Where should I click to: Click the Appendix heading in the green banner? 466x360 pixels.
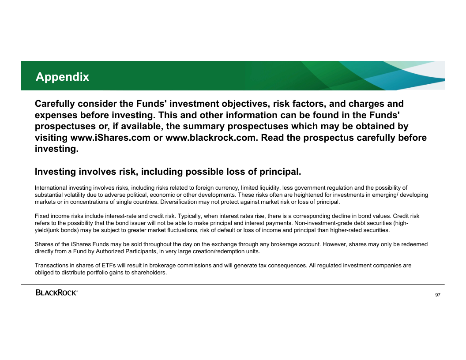pyautogui.click(x=62, y=77)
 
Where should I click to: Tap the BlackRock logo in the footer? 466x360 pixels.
pyautogui.click(x=57, y=292)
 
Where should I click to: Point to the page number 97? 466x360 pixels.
pyautogui.click(x=438, y=295)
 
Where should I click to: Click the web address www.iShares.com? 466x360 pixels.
pyautogui.click(x=110, y=138)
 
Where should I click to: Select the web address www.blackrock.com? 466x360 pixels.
pyautogui.click(x=210, y=138)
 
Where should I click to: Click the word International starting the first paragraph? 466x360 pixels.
pyautogui.click(x=51, y=188)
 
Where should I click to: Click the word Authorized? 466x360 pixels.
pyautogui.click(x=110, y=251)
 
